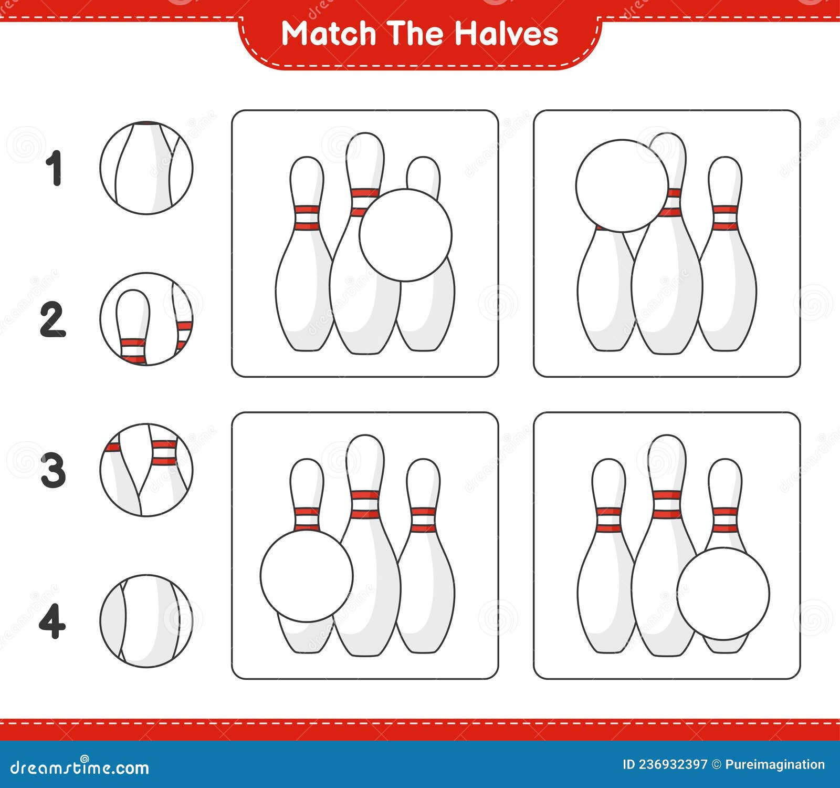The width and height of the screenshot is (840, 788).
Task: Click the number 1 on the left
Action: click(54, 168)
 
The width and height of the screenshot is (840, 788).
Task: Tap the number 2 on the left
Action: click(53, 319)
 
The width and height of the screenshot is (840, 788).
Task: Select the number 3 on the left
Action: click(53, 470)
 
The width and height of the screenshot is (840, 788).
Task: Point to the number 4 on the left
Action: click(52, 621)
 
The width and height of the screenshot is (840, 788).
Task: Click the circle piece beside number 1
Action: click(146, 168)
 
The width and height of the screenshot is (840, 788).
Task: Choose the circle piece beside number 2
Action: click(146, 319)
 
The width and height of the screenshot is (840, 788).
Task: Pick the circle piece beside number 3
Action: click(146, 470)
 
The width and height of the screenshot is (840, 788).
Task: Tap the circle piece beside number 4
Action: click(146, 621)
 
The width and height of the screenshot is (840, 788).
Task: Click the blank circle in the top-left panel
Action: click(405, 235)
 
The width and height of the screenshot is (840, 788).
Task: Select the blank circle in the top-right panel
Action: click(622, 185)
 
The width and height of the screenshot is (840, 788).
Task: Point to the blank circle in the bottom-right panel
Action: click(723, 593)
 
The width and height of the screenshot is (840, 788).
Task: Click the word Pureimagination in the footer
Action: click(775, 764)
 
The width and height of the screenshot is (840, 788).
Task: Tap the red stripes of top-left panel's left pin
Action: click(307, 217)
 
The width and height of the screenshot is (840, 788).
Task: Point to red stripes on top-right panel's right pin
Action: click(725, 217)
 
